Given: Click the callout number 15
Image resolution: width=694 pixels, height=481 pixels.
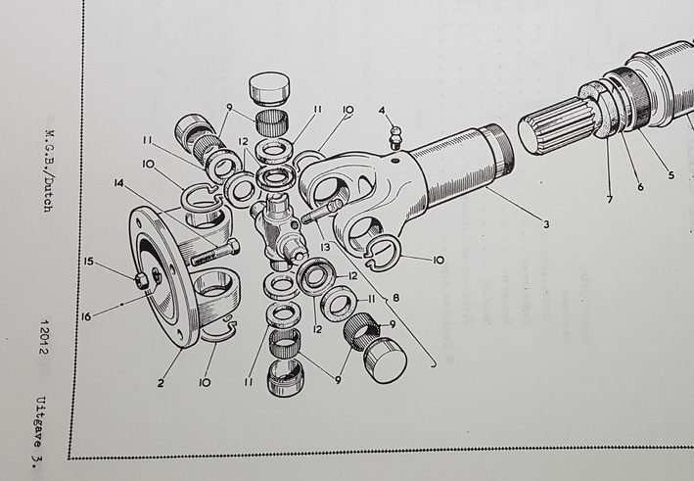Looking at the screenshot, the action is coord(89,262).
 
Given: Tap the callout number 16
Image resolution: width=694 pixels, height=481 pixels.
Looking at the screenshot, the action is coord(86,316).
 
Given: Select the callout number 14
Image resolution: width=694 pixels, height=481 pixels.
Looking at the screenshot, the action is coord(119,182).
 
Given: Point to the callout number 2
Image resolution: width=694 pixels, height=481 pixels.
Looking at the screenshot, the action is coord(161,383).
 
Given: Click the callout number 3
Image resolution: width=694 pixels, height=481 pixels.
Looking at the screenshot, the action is coord(546,224).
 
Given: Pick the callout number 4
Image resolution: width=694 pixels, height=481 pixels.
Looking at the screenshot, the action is coord(382,110).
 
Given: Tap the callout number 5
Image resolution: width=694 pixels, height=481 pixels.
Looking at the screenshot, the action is coord(671,175).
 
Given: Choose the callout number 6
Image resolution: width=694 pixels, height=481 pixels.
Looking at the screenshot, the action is coord(640,187).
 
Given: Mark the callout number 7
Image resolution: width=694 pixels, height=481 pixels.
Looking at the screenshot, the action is coord(610,200).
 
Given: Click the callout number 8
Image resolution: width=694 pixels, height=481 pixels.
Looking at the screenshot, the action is coord(395,298).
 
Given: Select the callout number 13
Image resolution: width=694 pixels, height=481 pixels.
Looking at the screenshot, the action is coord(325,248).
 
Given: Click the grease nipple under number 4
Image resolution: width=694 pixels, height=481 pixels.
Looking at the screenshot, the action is coord(396,138).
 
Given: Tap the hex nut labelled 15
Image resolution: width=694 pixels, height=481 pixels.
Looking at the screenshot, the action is coord(142,280).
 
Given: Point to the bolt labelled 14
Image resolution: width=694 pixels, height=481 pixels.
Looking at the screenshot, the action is coord(215,254).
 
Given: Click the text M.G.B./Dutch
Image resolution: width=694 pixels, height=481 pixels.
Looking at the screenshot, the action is coord(49,171).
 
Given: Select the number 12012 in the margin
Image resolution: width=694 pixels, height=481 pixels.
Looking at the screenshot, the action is coord(44,338).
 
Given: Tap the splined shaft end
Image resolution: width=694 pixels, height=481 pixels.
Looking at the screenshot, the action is coord(557,127).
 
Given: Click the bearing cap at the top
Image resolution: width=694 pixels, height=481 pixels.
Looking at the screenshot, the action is coord(269,89).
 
